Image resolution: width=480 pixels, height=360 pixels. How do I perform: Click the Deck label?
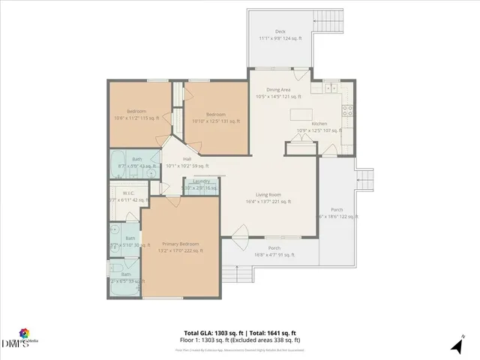[280, 31]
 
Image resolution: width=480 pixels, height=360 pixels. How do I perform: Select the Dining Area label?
[278, 90]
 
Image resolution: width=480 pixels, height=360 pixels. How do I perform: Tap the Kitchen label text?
[319, 124]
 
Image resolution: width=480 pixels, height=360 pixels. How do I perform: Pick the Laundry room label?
[201, 181]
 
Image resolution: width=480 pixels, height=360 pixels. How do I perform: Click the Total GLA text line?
[239, 332]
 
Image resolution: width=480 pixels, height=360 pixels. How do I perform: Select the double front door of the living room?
[241, 240]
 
